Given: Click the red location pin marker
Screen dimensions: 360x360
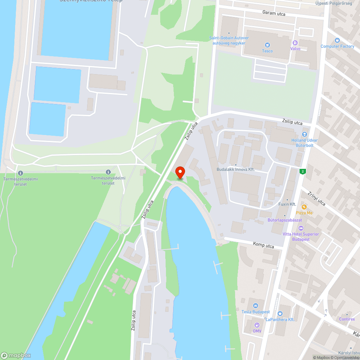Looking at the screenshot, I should pos(179,172).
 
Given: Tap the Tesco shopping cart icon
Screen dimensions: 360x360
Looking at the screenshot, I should pos(267,45).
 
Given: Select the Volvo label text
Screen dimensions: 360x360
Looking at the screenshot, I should pos(295,49).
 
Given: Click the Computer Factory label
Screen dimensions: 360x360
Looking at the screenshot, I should pos(337,46).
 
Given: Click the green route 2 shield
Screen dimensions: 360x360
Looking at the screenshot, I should pos(303,171).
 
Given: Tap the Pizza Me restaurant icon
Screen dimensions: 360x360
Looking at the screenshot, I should pos(304,207).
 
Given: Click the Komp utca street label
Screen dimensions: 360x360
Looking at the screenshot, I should pos(264,246).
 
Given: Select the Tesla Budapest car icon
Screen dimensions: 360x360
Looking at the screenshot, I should pos(255,306).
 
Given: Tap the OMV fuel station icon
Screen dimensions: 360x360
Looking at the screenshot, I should pos(257,325).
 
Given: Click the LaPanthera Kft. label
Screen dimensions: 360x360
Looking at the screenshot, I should pos(280,319).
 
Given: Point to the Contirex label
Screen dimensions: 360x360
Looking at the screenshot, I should pos(347,319).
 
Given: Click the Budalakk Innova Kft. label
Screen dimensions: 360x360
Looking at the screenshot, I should pos(235,169).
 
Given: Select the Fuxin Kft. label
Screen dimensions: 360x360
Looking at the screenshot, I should pos(287,204).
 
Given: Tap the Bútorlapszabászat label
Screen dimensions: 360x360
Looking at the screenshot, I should pos(284,220).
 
